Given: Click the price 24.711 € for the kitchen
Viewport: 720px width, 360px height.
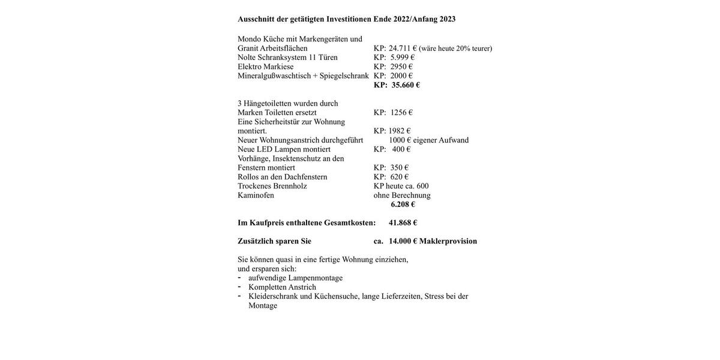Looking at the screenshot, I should pos(403,49).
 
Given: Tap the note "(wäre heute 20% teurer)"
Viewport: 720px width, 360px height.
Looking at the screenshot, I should pos(455,49).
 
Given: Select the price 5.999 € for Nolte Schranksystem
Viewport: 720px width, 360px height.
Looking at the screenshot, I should pos(402,58).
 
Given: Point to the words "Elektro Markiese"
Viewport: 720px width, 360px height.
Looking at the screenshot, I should pos(266,67).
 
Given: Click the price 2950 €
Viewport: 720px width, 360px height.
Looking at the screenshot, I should pos(401,67).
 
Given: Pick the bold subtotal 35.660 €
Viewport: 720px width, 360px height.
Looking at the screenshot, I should pos(406,85).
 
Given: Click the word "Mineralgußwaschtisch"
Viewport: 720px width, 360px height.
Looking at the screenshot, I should pos(274,76).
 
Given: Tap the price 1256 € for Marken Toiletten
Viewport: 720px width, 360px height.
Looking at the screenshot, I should pos(401,113).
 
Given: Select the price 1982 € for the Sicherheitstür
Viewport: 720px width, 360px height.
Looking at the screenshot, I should pos(400,131).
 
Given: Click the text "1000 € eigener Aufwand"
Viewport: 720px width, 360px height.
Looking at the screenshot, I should pos(429,140).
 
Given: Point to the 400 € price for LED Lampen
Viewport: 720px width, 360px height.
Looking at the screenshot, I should pos(401,149).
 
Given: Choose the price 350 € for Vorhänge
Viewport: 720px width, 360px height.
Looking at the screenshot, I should pos(400,168).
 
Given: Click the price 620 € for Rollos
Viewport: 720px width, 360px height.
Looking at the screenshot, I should pos(400,177).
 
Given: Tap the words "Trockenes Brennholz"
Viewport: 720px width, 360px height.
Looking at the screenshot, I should pos(272,186).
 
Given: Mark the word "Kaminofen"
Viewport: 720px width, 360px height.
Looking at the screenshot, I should pos(256,196).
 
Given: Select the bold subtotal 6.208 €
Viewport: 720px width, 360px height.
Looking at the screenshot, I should pos(403,205).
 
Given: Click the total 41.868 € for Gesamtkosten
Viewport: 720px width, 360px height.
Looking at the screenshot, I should pos(403,223).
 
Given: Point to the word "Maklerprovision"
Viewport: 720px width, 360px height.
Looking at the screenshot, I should pos(448,241).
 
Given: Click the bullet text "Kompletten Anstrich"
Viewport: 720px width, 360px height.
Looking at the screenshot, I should pos(282,287).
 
